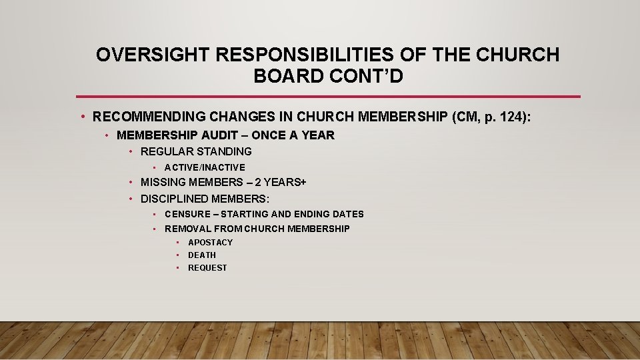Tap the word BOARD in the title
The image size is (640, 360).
(284, 76)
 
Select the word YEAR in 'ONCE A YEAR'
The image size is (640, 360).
(319, 135)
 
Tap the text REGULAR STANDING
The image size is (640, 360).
(196, 151)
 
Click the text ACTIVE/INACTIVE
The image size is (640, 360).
(205, 167)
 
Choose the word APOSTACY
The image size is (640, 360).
(210, 243)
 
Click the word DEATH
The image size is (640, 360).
(202, 255)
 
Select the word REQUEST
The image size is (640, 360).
(207, 268)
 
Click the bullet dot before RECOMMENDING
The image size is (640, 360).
(81, 118)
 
